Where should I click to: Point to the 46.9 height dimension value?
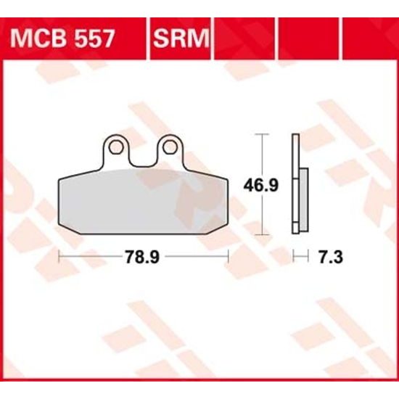pyautogui.click(x=260, y=185)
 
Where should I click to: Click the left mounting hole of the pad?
pyautogui.click(x=115, y=148)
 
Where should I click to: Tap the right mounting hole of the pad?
pyautogui.click(x=169, y=148)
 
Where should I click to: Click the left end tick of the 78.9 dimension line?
pyautogui.click(x=57, y=256)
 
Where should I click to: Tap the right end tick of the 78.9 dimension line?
pyautogui.click(x=229, y=256)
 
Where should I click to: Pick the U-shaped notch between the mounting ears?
pyautogui.click(x=142, y=156)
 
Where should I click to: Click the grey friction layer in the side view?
pyautogui.click(x=304, y=196)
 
